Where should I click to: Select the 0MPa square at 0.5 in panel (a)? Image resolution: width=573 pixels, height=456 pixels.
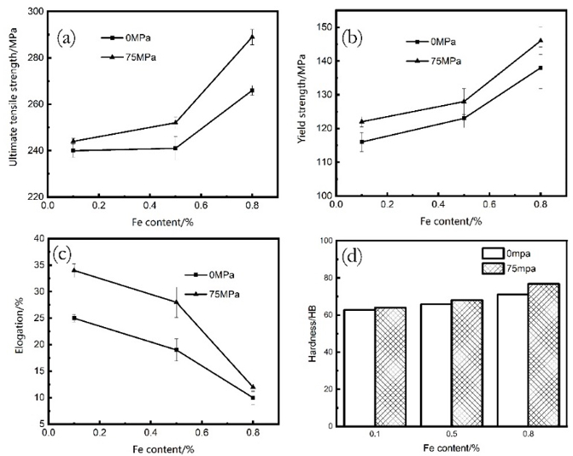[x=175, y=148]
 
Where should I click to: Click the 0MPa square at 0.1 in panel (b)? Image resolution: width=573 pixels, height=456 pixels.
[x=362, y=142]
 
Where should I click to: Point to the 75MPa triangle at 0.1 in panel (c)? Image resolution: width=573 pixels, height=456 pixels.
[x=74, y=271]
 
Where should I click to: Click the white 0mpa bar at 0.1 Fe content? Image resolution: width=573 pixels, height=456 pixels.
[x=360, y=363]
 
